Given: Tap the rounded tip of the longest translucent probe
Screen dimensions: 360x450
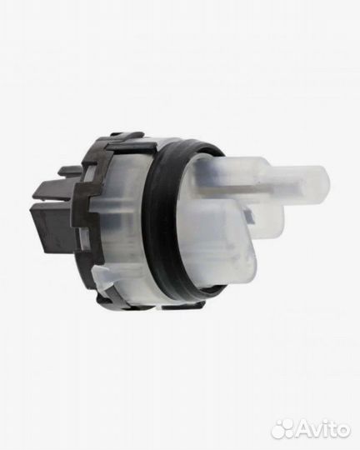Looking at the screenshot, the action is pyautogui.click(x=327, y=181).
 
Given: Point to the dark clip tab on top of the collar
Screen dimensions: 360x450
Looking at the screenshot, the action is pyautogui.click(x=127, y=136).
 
